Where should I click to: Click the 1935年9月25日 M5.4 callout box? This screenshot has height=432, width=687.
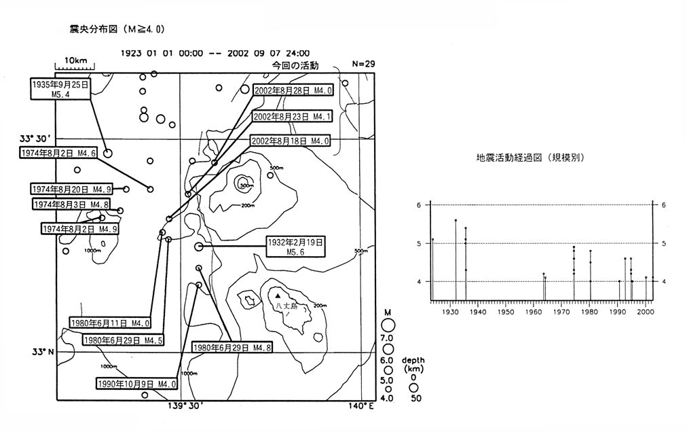[x=60, y=88]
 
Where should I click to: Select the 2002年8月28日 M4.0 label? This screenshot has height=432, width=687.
[x=293, y=90]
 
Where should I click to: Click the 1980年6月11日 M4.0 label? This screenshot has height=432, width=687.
[x=110, y=323]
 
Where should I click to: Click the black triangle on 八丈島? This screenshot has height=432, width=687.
[x=278, y=295]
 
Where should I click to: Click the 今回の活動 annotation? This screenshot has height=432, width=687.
[x=295, y=65]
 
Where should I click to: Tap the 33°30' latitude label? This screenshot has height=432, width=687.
[x=37, y=139]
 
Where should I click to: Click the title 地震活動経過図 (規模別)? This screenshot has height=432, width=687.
[x=531, y=157]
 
